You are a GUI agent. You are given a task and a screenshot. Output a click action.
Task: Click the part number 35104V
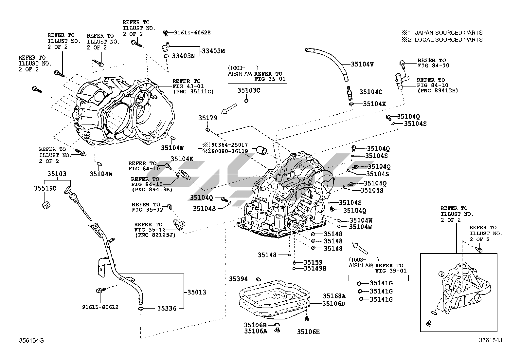pyautogui.click(x=362, y=64)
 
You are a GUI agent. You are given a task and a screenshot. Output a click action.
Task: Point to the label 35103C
pyautogui.click(x=249, y=90)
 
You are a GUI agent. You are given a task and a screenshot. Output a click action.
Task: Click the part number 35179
pyautogui.click(x=208, y=118)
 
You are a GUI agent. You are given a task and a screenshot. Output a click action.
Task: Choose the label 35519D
pyautogui.click(x=45, y=188)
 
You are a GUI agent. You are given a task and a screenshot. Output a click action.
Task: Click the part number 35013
pyautogui.click(x=197, y=292)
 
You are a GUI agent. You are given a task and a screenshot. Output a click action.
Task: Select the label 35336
pyautogui.click(x=167, y=308)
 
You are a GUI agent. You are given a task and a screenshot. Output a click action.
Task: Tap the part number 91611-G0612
pyautogui.click(x=100, y=307)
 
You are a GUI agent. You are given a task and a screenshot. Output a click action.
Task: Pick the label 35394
pyautogui.click(x=238, y=279)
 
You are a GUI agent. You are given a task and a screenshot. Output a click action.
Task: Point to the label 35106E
pyautogui.click(x=308, y=332)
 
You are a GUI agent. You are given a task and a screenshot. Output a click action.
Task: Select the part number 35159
pyautogui.click(x=313, y=262)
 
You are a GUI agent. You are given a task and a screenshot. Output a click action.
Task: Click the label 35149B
pyautogui.click(x=315, y=269)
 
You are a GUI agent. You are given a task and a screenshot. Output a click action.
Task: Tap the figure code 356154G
pyautogui.click(x=31, y=341)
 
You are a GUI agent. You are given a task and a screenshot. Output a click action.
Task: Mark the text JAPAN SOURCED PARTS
pyautogui.click(x=448, y=33)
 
